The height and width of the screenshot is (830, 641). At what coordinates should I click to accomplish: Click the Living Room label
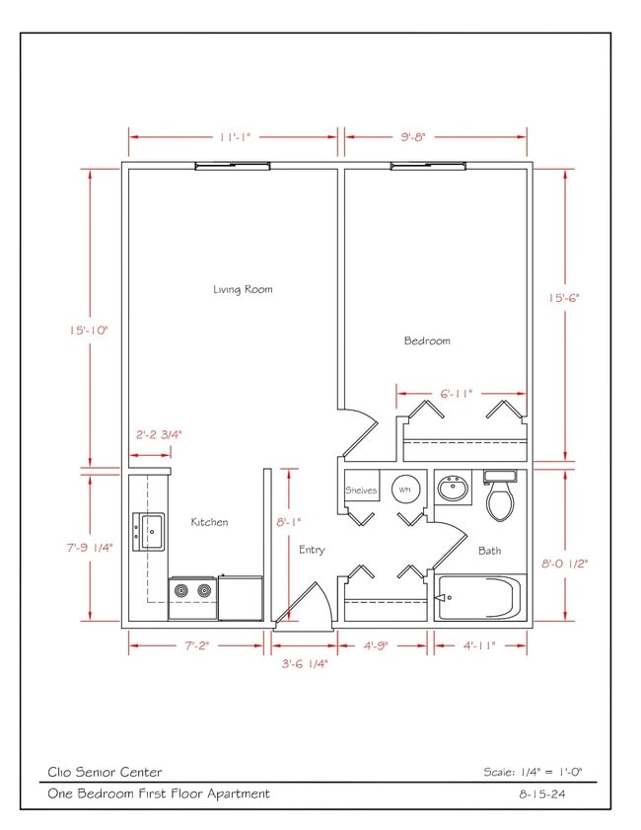[x=243, y=289]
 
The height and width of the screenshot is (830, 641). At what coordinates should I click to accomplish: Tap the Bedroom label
[x=427, y=340]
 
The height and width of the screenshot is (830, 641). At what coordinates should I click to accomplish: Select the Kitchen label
[x=209, y=522]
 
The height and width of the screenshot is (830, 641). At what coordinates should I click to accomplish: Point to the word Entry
[x=312, y=550]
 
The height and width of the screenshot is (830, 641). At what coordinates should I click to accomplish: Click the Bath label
[x=489, y=551]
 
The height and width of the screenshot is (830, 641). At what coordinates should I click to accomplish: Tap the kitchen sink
[x=151, y=531]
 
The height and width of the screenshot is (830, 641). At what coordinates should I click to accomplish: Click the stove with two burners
[x=192, y=591]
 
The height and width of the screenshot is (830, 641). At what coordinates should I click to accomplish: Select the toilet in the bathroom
[x=500, y=496]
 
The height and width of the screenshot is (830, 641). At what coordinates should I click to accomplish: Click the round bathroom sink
[x=454, y=488]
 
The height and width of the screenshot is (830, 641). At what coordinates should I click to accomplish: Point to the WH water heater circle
[x=405, y=489]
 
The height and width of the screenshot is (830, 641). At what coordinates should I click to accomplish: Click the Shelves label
[x=361, y=490]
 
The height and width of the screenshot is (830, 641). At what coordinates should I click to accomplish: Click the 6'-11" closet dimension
[x=457, y=393]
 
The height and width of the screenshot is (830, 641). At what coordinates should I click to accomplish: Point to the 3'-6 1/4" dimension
[x=305, y=663]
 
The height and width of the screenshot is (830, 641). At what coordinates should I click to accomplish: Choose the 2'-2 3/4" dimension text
[x=159, y=434]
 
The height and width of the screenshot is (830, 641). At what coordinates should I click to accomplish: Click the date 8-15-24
[x=547, y=793]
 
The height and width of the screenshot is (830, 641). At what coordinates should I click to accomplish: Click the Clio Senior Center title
[x=105, y=772]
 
